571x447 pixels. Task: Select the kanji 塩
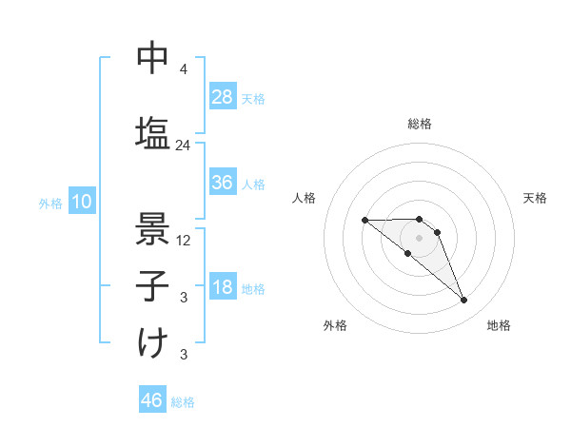point(152,131)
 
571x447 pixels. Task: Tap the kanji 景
point(152,226)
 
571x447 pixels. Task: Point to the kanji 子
point(152,284)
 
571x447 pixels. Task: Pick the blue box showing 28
point(223,97)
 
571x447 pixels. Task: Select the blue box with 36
point(223,183)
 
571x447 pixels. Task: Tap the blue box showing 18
point(223,287)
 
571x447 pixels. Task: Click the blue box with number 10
point(81,202)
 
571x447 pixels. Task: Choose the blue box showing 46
point(152,400)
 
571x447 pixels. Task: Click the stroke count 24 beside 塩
point(183,146)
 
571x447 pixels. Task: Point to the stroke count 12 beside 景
point(184,241)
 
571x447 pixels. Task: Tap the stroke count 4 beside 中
point(184,69)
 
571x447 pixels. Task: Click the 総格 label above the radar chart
point(419,124)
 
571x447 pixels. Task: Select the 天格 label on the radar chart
point(535,198)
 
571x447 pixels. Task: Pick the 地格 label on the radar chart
point(499,325)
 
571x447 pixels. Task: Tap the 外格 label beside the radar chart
point(335,325)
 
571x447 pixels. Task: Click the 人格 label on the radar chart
point(305,198)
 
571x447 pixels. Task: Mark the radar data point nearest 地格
point(463,301)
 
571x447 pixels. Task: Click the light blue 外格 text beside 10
point(49,203)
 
